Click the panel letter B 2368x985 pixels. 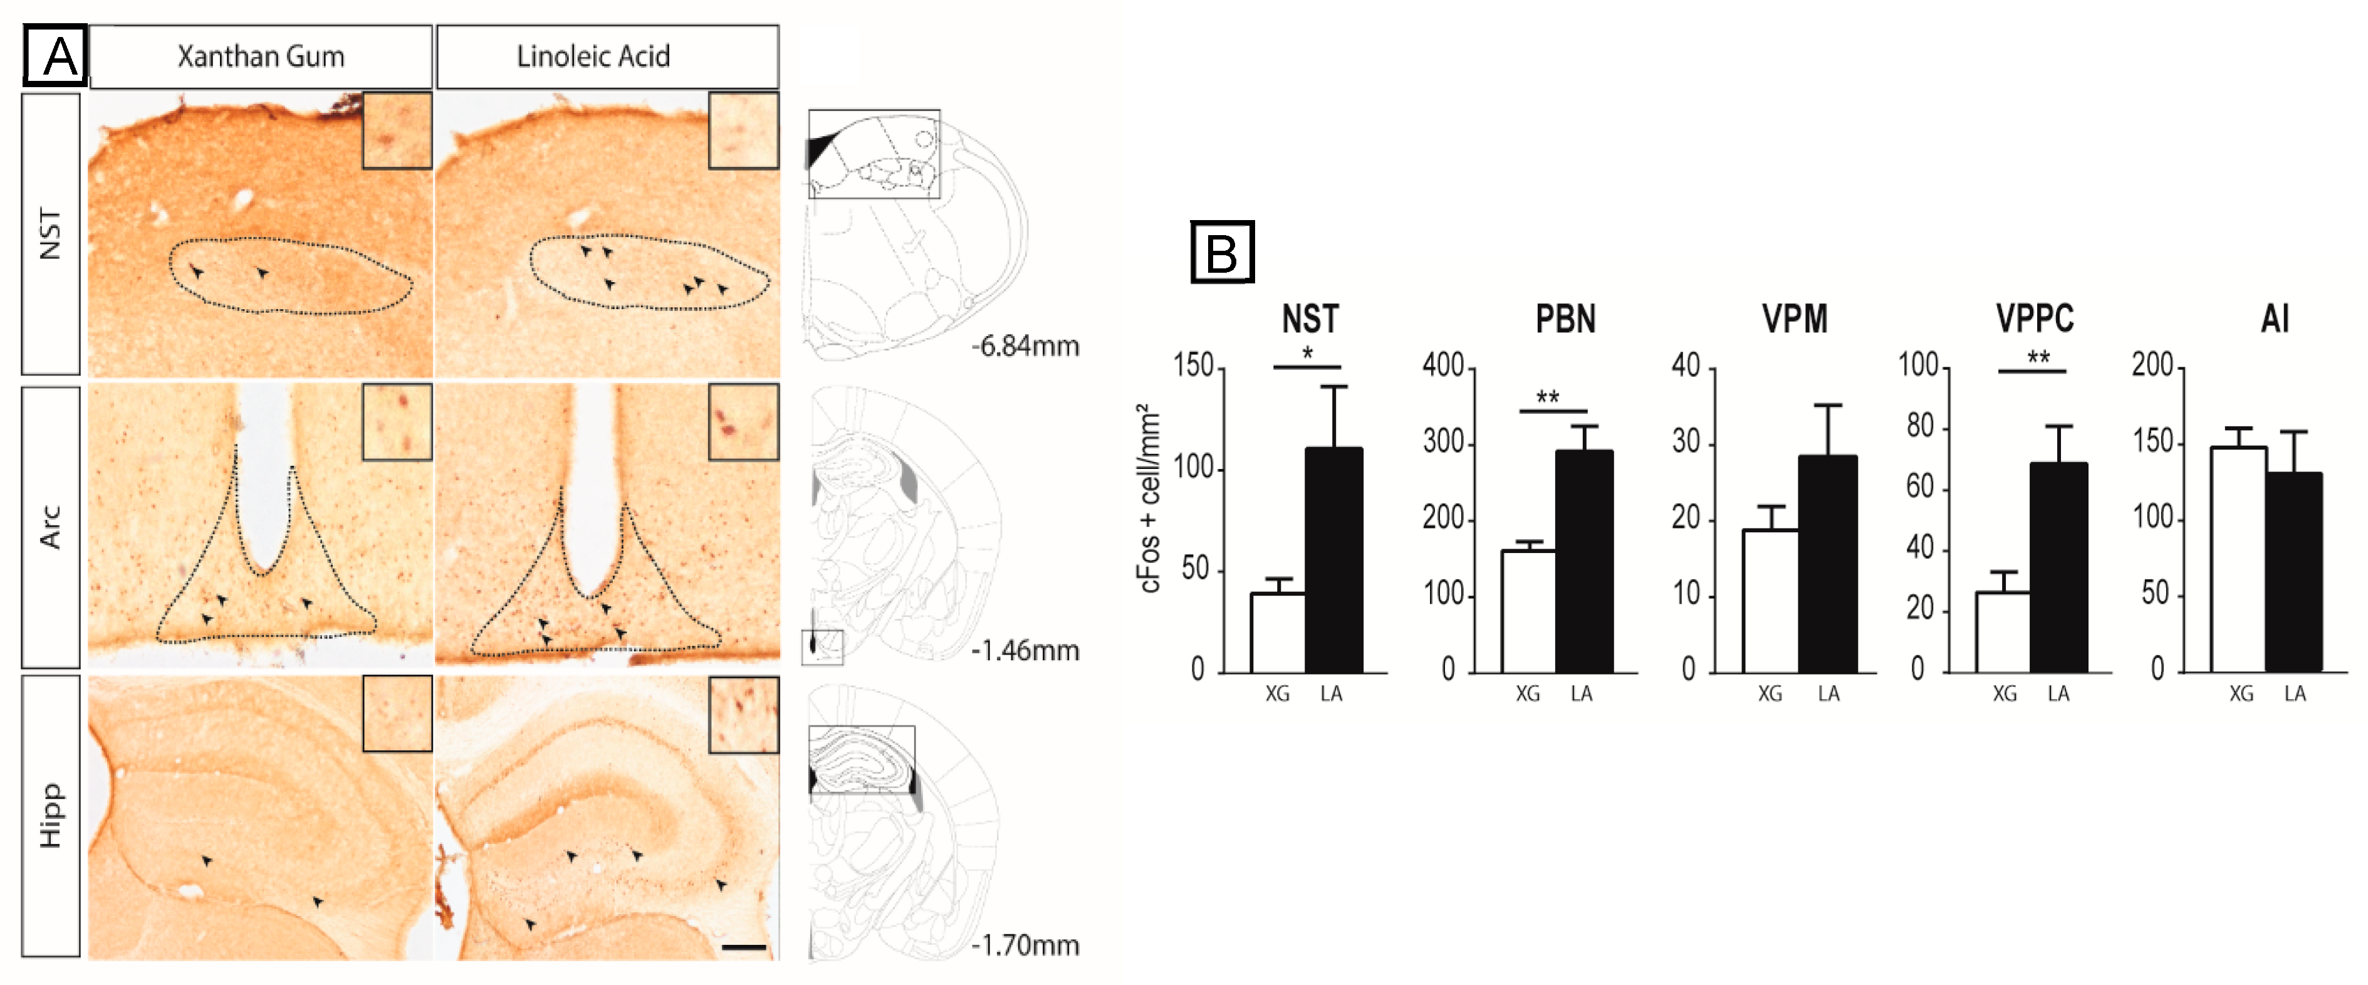tap(1222, 252)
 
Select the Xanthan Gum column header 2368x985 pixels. tap(261, 57)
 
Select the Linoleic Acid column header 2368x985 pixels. tap(594, 57)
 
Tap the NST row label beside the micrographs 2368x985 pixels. tap(51, 234)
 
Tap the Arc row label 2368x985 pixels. tap(51, 527)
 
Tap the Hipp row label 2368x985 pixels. tap(51, 816)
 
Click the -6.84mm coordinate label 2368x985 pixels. tap(1026, 347)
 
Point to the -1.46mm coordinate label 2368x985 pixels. tap(1026, 651)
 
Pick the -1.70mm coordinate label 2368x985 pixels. tap(1026, 945)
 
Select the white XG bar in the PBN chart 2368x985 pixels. tap(1528, 611)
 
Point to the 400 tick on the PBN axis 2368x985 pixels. tap(1442, 366)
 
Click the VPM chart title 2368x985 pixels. tap(1795, 319)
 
